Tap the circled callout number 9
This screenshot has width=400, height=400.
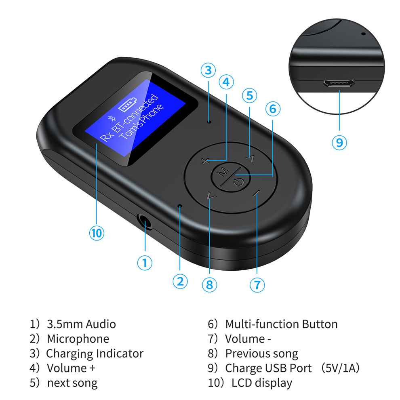point(339,142)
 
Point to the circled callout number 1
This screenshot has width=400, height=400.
point(145,263)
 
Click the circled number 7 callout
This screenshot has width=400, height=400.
point(257,284)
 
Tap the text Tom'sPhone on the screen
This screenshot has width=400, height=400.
point(143,122)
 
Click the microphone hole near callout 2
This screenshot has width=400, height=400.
point(180,206)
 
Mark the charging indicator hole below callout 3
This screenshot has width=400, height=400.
point(208,121)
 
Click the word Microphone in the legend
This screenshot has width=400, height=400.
point(78,339)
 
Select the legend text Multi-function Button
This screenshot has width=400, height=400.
point(281,324)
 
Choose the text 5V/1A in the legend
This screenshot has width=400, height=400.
point(343,368)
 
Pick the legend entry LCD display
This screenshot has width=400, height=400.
point(261,383)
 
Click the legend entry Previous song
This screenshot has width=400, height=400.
point(261,354)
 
